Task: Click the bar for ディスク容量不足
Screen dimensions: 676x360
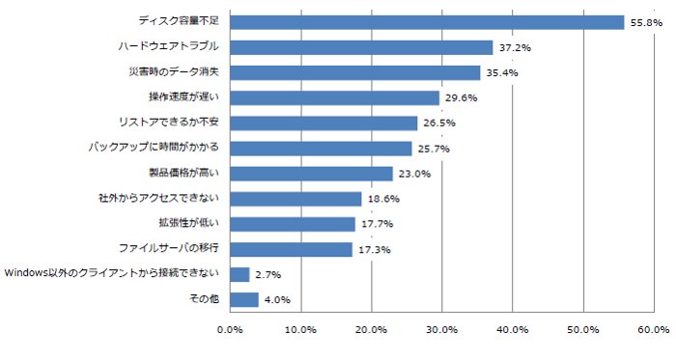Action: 427,22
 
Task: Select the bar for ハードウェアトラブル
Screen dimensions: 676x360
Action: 361,47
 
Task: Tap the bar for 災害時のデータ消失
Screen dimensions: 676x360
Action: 354,72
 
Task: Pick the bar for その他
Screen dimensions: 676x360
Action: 244,300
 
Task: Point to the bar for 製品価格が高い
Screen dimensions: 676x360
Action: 311,174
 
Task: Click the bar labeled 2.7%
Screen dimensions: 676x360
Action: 239,274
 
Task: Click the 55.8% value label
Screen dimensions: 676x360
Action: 646,23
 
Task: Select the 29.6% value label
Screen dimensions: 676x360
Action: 462,97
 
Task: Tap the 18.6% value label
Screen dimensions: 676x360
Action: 383,199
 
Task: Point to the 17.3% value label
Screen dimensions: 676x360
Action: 375,249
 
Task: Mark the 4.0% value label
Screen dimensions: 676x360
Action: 277,300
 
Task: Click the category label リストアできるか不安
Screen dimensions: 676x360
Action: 169,122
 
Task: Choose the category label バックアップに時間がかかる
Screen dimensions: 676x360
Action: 154,148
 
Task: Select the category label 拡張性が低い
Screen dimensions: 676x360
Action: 189,223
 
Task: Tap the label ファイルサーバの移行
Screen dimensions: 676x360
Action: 169,248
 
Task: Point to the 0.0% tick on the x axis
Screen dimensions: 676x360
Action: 230,330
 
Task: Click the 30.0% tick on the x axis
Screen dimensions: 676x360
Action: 442,330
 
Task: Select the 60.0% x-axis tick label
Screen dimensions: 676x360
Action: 654,330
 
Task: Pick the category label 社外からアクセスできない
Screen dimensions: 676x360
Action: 158,198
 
